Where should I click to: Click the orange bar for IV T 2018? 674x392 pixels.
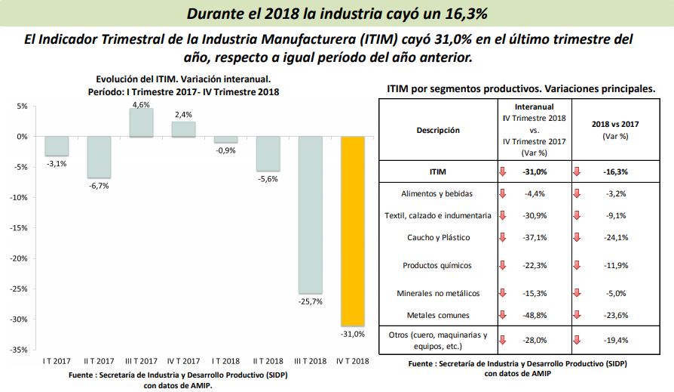point(353,230)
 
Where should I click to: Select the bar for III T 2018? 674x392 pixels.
point(310,215)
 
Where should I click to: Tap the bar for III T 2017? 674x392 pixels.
point(141,122)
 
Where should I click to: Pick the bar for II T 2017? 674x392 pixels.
point(99,157)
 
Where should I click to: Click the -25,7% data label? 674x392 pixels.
point(310,301)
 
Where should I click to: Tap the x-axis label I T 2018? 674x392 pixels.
point(226,361)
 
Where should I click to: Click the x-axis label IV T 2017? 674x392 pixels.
point(183,361)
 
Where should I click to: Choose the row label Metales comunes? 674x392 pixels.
point(437,315)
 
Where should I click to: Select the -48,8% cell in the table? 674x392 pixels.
point(533,315)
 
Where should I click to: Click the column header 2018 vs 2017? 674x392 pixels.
point(611,130)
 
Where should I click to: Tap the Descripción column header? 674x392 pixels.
point(437,130)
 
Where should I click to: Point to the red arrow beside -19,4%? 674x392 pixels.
point(577,340)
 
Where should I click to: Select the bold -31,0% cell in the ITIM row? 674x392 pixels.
point(533,172)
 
